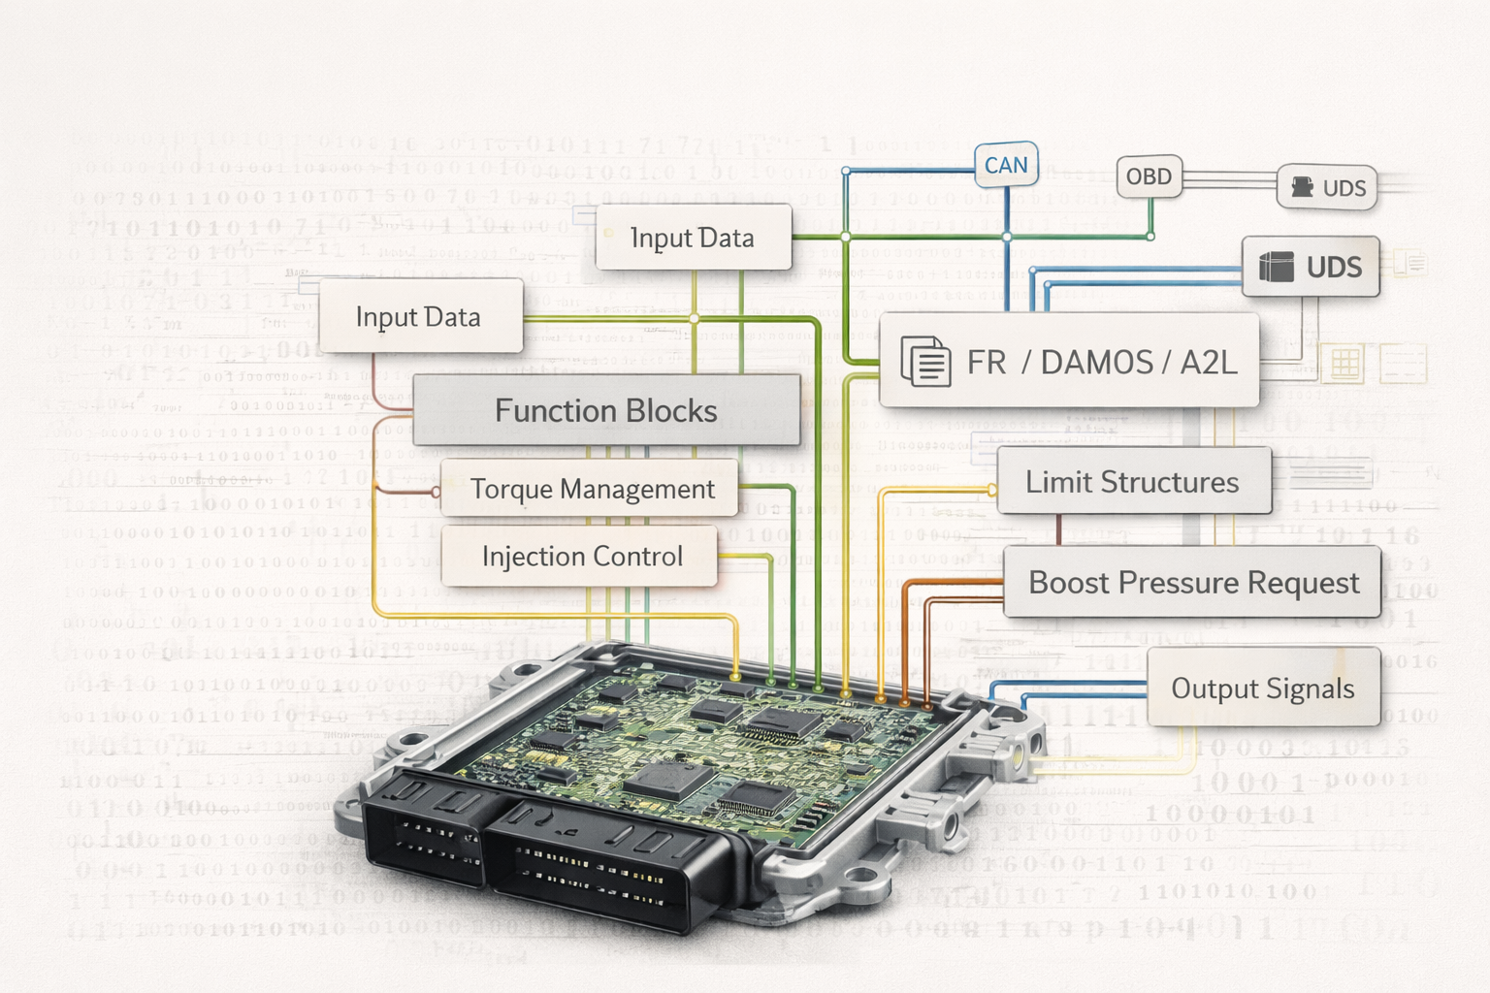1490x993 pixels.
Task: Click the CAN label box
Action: click(x=1006, y=166)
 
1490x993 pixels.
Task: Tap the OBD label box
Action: click(x=1149, y=176)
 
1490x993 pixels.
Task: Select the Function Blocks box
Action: click(x=606, y=410)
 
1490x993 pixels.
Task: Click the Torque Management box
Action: click(x=592, y=489)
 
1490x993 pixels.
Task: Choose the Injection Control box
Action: click(x=582, y=556)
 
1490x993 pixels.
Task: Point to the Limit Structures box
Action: click(x=1132, y=481)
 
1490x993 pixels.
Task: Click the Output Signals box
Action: click(x=1262, y=688)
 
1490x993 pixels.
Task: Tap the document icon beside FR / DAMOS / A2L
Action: click(x=925, y=362)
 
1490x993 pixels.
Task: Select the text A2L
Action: click(x=1209, y=363)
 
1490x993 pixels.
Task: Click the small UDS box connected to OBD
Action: click(x=1327, y=187)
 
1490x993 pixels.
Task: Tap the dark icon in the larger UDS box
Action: click(x=1276, y=267)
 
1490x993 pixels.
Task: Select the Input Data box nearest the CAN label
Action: click(x=693, y=238)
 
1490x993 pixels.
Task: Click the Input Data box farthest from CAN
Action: click(x=418, y=317)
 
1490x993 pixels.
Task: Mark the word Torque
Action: click(x=512, y=489)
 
